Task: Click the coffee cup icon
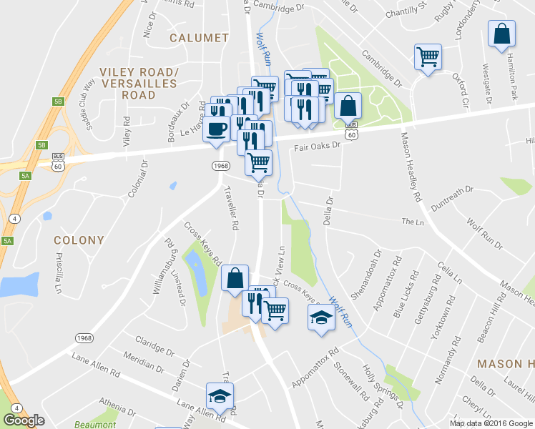216,129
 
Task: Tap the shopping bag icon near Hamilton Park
502,34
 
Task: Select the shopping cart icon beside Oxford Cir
428,56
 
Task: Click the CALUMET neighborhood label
199,38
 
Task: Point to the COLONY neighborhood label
79,240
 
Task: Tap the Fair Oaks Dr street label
319,146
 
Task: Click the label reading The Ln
413,222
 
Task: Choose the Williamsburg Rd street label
164,266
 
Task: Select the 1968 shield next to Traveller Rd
220,166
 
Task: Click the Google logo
24,420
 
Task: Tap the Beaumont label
96,425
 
